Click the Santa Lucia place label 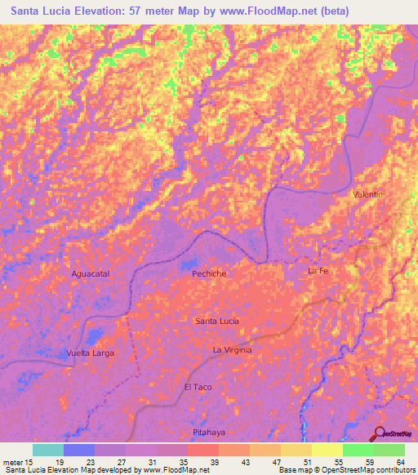(x=217, y=322)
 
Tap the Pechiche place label (x=208, y=275)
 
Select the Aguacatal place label (x=90, y=274)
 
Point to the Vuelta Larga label (x=90, y=353)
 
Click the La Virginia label (x=233, y=349)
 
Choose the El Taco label (x=198, y=386)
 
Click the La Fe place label (x=318, y=270)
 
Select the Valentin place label (x=367, y=194)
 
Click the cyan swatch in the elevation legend (x=48, y=450)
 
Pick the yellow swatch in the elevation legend (x=327, y=450)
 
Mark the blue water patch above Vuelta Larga (x=96, y=335)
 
